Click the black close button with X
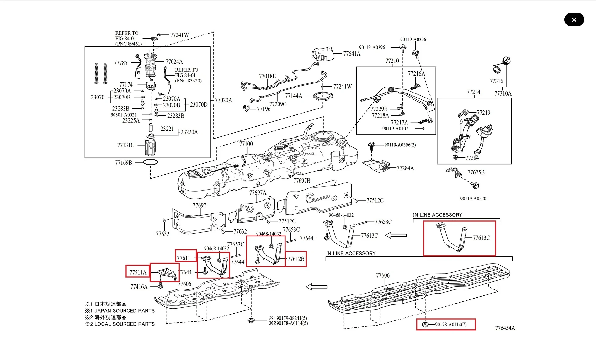point(574,20)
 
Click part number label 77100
point(246,144)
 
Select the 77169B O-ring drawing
point(150,162)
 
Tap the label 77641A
point(352,54)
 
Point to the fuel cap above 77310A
point(506,61)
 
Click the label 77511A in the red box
point(138,272)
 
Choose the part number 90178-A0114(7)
point(450,325)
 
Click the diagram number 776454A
point(505,328)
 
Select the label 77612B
point(296,259)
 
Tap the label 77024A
point(174,62)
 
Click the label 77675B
point(476,172)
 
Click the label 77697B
point(302,181)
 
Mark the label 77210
point(392,61)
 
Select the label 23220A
point(189,132)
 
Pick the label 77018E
point(267,76)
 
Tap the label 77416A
point(139,287)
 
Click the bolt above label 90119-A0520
point(475,186)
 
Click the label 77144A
point(294,96)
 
